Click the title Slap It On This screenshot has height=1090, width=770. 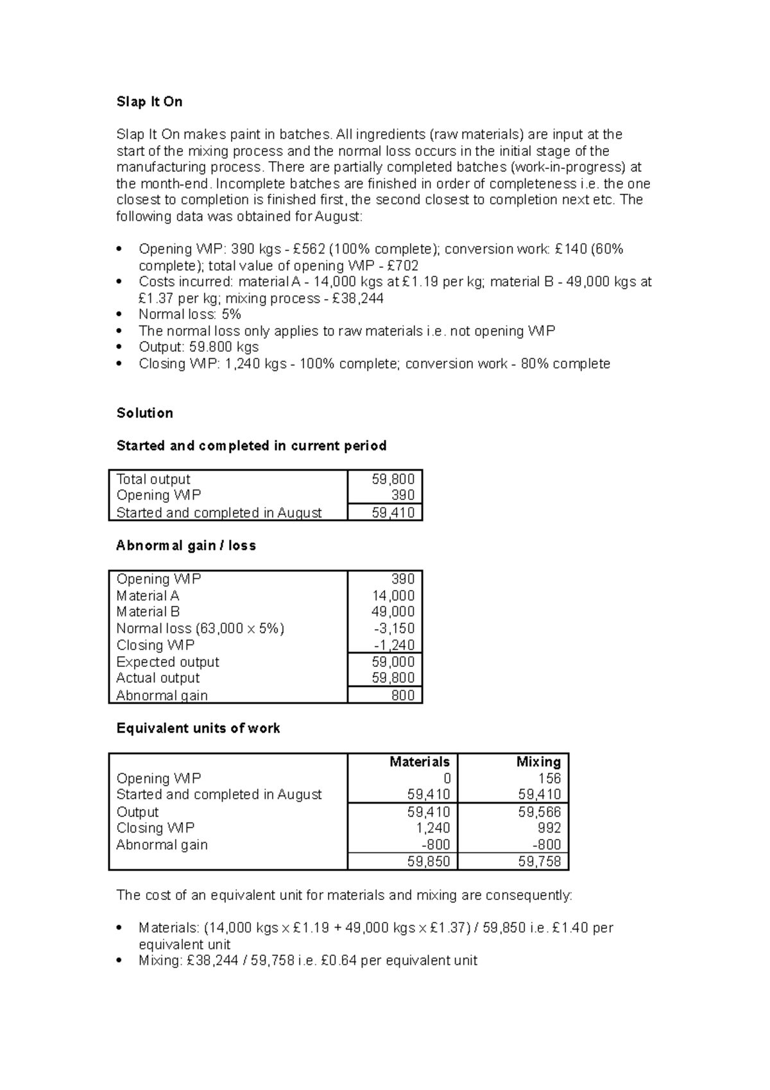149,102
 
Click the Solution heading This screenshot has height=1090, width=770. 144,413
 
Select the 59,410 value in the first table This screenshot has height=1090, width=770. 393,512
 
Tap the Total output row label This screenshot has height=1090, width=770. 153,479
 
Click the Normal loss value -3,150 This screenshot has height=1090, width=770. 394,628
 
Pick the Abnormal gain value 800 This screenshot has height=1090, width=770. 402,695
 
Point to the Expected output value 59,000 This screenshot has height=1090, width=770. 393,662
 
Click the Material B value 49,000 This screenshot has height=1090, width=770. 393,612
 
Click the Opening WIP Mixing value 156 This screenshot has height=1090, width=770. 549,778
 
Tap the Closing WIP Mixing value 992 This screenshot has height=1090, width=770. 549,828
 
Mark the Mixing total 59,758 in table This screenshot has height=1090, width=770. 539,861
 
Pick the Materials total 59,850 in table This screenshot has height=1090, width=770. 428,861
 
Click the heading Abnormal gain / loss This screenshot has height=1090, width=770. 186,546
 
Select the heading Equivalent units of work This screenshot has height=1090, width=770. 198,729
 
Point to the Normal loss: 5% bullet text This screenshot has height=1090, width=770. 190,315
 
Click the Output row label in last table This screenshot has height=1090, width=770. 137,812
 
